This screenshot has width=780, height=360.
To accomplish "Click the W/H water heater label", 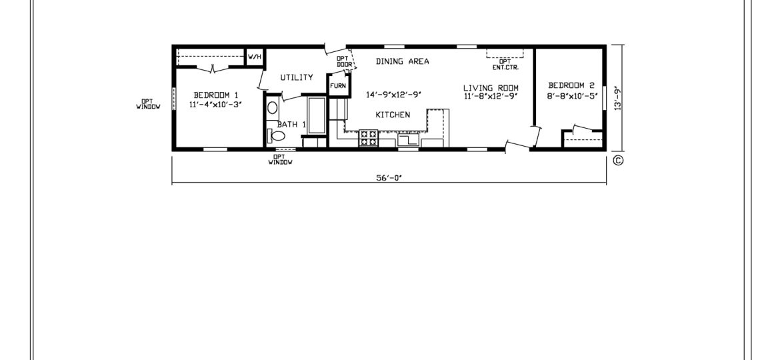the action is pyautogui.click(x=254, y=57).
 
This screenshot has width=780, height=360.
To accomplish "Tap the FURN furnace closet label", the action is pyautogui.click(x=338, y=86).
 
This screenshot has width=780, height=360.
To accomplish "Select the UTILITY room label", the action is pyautogui.click(x=297, y=77).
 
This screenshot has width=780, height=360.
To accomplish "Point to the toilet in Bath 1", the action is pyautogui.click(x=276, y=135).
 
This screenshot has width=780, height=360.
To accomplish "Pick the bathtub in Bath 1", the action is pyautogui.click(x=317, y=115).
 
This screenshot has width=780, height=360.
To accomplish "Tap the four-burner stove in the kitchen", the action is pyautogui.click(x=369, y=138).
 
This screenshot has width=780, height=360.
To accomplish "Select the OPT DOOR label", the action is pyautogui.click(x=344, y=61).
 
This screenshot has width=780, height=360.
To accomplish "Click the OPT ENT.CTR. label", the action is pyautogui.click(x=502, y=64).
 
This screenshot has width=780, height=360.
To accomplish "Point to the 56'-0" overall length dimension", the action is pyautogui.click(x=389, y=179).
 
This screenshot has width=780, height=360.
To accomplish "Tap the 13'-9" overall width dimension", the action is pyautogui.click(x=618, y=99).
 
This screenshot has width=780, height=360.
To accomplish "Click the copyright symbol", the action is pyautogui.click(x=618, y=160).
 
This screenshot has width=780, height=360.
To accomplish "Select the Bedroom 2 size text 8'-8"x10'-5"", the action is pyautogui.click(x=571, y=97).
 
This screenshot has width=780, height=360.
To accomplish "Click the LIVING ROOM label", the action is pyautogui.click(x=491, y=88).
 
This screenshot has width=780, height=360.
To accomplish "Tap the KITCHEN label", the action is pyautogui.click(x=393, y=115).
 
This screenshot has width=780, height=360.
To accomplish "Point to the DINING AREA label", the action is pyautogui.click(x=403, y=61).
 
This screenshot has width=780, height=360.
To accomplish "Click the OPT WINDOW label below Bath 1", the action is pyautogui.click(x=281, y=159).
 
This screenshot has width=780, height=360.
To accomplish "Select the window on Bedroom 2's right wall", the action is pyautogui.click(x=605, y=98).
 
